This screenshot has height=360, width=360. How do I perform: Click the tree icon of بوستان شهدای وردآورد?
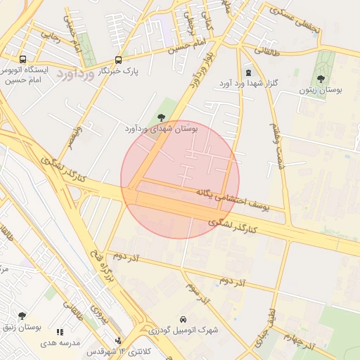pyautogui.click(x=162, y=117)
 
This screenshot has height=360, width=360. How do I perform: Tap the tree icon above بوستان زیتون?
pyautogui.click(x=321, y=79)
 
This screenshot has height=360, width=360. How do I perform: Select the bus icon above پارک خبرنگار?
pyautogui.click(x=117, y=60)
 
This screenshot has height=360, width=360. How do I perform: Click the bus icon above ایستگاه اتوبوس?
pyautogui.click(x=23, y=60)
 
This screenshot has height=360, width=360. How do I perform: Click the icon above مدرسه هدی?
pyautogui.click(x=60, y=331)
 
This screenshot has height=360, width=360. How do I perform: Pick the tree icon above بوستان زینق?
pyautogui.click(x=22, y=316)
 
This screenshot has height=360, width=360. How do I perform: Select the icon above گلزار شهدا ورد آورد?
pyautogui.click(x=247, y=72)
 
